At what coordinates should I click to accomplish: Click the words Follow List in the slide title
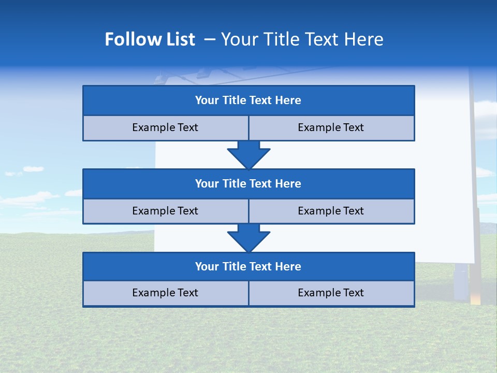click(150, 39)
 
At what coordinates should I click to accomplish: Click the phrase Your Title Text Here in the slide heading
click(302, 39)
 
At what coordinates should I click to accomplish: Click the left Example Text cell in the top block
click(165, 128)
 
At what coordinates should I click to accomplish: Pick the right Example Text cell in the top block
click(331, 128)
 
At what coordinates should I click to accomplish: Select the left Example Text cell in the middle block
click(165, 211)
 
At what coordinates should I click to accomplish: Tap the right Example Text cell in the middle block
click(331, 211)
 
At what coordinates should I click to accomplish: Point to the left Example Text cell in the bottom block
click(165, 293)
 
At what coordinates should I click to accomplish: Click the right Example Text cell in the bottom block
click(331, 293)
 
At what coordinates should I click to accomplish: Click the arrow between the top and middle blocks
click(248, 155)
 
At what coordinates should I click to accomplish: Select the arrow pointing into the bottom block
click(248, 238)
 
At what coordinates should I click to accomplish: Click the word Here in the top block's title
click(288, 101)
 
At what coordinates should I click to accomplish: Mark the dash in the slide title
click(210, 39)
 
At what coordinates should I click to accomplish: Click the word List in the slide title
click(179, 39)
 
